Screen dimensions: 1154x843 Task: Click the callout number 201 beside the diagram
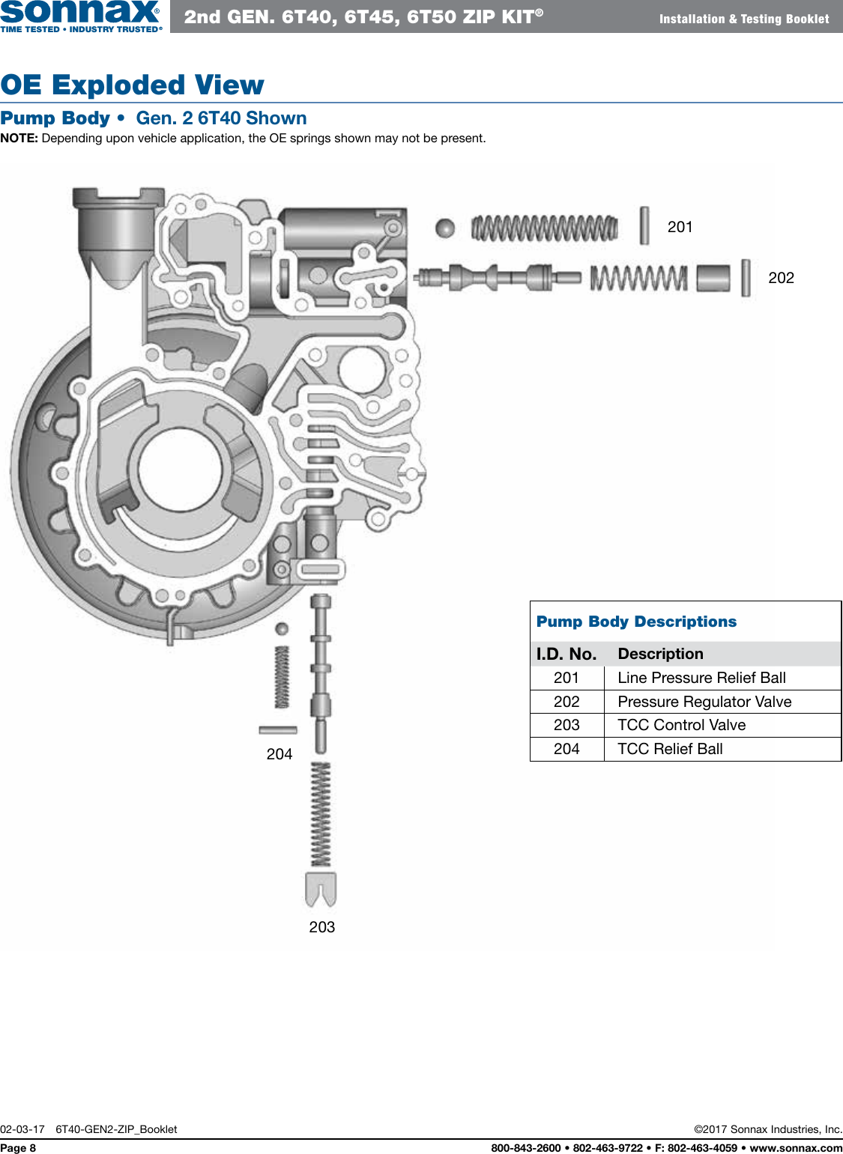coord(680,227)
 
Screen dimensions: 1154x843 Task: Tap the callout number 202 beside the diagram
coord(781,278)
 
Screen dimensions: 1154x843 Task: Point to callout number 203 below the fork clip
coord(321,927)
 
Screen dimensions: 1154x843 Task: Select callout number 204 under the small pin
coord(280,754)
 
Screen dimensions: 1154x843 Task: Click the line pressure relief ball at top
coord(445,228)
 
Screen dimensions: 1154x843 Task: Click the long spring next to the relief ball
coord(545,228)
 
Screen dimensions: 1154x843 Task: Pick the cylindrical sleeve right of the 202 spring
coord(713,278)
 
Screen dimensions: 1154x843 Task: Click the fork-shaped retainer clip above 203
coord(321,888)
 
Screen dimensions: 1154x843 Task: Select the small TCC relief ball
coord(282,629)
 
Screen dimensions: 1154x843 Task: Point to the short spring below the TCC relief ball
coord(282,677)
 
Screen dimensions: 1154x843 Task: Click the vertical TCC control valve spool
coord(321,674)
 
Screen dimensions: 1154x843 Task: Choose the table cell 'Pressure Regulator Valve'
coord(704,702)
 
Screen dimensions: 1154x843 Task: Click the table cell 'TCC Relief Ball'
coord(670,749)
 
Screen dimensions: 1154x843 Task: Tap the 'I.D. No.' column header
coord(566,654)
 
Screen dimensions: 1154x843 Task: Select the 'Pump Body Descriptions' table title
coord(636,622)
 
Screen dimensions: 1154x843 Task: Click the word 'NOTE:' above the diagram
coord(19,139)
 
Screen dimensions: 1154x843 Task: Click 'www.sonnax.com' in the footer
coord(796,1148)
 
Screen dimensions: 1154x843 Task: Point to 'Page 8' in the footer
coord(18,1148)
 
